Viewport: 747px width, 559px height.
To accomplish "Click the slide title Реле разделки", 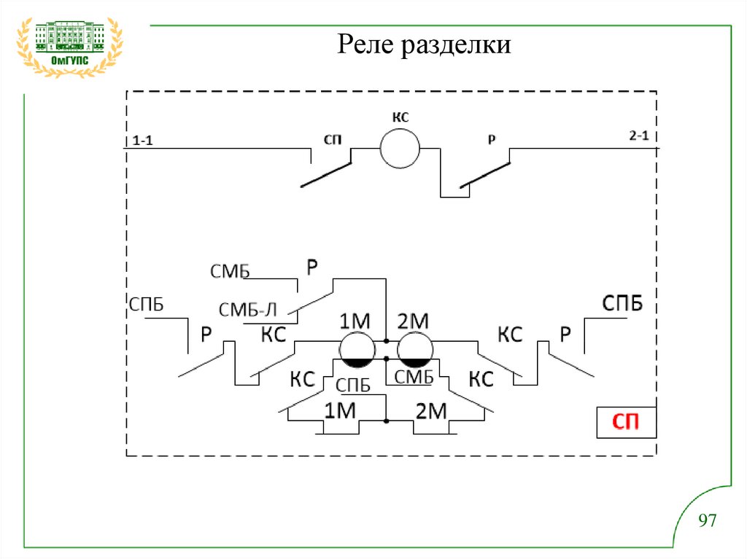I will point(424,47).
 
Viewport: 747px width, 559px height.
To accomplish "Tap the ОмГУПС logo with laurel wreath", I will point(69,45).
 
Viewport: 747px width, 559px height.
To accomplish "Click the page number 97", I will point(708,520).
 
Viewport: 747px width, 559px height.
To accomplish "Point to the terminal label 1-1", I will point(142,141).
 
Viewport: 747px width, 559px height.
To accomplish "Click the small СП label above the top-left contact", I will point(333,138).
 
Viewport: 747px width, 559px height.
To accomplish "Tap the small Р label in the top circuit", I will point(492,138).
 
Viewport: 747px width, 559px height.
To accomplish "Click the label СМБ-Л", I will point(248,309).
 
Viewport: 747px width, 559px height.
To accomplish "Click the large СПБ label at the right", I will point(622,303).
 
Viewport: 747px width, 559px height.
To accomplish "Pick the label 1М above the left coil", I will point(355,321).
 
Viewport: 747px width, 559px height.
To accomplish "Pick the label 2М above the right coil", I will point(413,321).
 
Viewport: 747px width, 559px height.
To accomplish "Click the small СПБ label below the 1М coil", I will point(353,386).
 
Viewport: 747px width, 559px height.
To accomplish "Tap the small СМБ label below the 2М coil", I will point(414,377).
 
